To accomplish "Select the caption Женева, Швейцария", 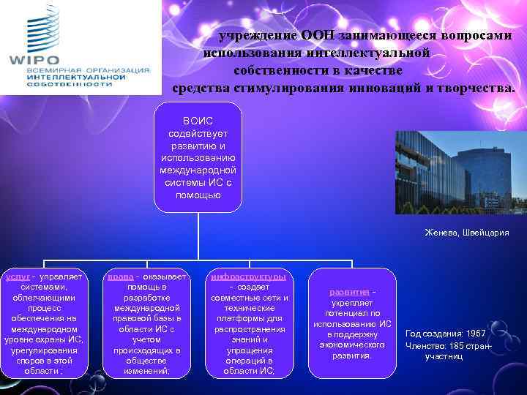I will pyautogui.click(x=466, y=233).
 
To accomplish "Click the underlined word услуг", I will pyautogui.click(x=16, y=277).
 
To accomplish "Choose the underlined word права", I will pyautogui.click(x=120, y=277).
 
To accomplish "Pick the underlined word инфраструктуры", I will pyautogui.click(x=249, y=277).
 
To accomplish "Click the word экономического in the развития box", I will pyautogui.click(x=352, y=345).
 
